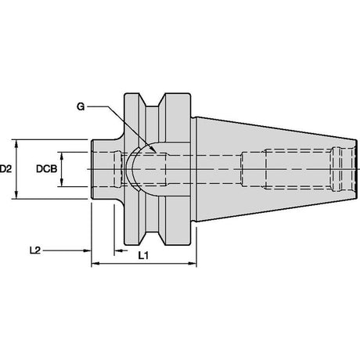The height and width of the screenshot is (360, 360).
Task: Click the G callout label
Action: (81, 106)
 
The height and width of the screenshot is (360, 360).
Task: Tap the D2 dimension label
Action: (5, 169)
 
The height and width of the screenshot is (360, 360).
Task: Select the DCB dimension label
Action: (46, 169)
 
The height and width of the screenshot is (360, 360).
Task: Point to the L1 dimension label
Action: (143, 256)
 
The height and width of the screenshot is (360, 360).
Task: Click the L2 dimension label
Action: (35, 250)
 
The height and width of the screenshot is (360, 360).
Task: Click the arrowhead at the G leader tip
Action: (153, 149)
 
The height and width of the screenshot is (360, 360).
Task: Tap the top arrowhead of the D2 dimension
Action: (16, 143)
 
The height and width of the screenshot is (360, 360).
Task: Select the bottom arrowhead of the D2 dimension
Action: (16, 195)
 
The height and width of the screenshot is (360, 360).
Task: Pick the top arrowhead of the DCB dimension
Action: (62, 156)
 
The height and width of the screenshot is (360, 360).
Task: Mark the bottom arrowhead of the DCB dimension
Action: (62, 182)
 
